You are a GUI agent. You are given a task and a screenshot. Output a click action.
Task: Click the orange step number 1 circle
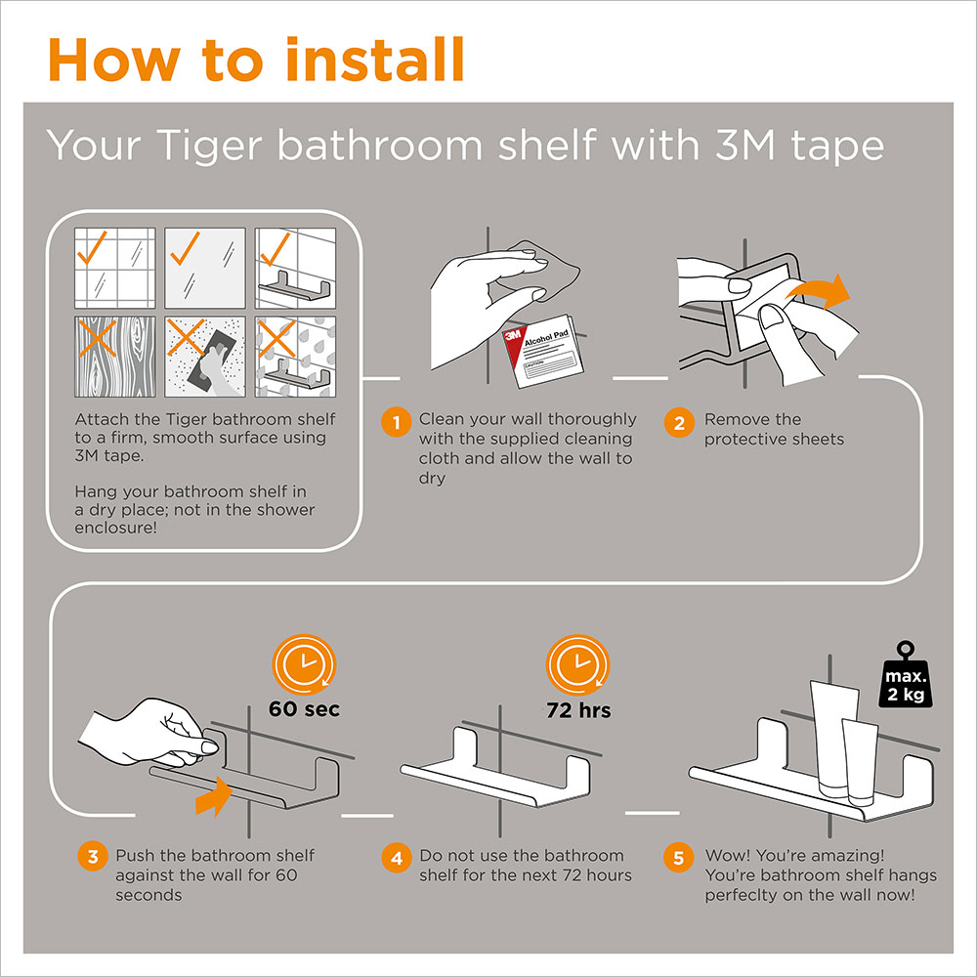pyautogui.click(x=397, y=422)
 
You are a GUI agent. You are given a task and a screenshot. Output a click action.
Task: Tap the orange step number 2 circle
pyautogui.click(x=679, y=422)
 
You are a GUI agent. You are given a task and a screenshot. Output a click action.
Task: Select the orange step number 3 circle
pyautogui.click(x=93, y=856)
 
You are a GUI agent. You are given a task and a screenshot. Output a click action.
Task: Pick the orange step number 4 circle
pyautogui.click(x=397, y=858)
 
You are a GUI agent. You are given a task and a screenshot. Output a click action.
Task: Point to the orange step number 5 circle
pyautogui.click(x=679, y=858)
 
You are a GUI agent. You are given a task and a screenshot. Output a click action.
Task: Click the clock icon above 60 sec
pyautogui.click(x=304, y=664)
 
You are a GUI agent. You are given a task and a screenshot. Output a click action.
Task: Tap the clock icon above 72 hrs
pyautogui.click(x=577, y=664)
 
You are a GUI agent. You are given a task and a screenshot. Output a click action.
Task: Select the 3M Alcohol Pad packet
pyautogui.click(x=543, y=350)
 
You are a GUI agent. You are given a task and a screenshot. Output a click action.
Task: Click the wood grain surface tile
pyautogui.click(x=115, y=357)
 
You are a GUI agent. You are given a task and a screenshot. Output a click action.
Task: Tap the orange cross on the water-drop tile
pyautogui.click(x=276, y=338)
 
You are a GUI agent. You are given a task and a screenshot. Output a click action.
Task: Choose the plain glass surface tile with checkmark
pyautogui.click(x=205, y=268)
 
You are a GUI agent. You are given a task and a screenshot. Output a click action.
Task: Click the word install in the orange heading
pyautogui.click(x=375, y=60)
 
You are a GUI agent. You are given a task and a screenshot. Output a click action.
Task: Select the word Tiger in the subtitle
pyautogui.click(x=209, y=147)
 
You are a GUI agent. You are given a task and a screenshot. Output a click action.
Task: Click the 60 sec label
pyautogui.click(x=304, y=709)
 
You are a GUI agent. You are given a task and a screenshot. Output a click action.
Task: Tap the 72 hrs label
pyautogui.click(x=578, y=710)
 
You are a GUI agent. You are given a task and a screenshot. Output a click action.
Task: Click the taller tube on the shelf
pyautogui.click(x=832, y=739)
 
